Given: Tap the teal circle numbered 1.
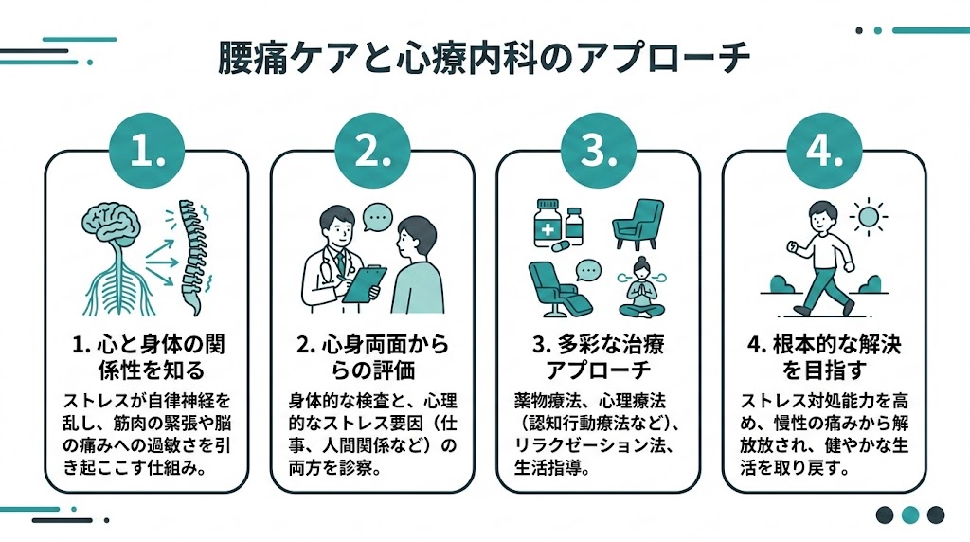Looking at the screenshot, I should click(x=147, y=153).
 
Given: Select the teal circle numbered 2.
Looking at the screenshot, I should click(x=372, y=153).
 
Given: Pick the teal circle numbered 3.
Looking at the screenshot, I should click(x=598, y=153).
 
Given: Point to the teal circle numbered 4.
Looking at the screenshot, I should click(x=823, y=153).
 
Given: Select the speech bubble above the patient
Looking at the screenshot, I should click(x=379, y=217).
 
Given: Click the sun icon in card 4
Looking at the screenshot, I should click(x=867, y=217).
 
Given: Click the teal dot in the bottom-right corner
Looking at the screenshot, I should click(x=910, y=515).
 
